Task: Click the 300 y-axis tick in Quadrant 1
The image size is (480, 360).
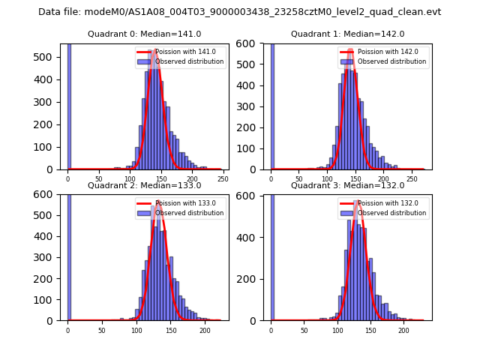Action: click(x=251, y=106)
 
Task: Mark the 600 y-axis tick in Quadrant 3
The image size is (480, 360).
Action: click(x=251, y=195)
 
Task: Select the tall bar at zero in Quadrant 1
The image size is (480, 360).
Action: click(x=271, y=106)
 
